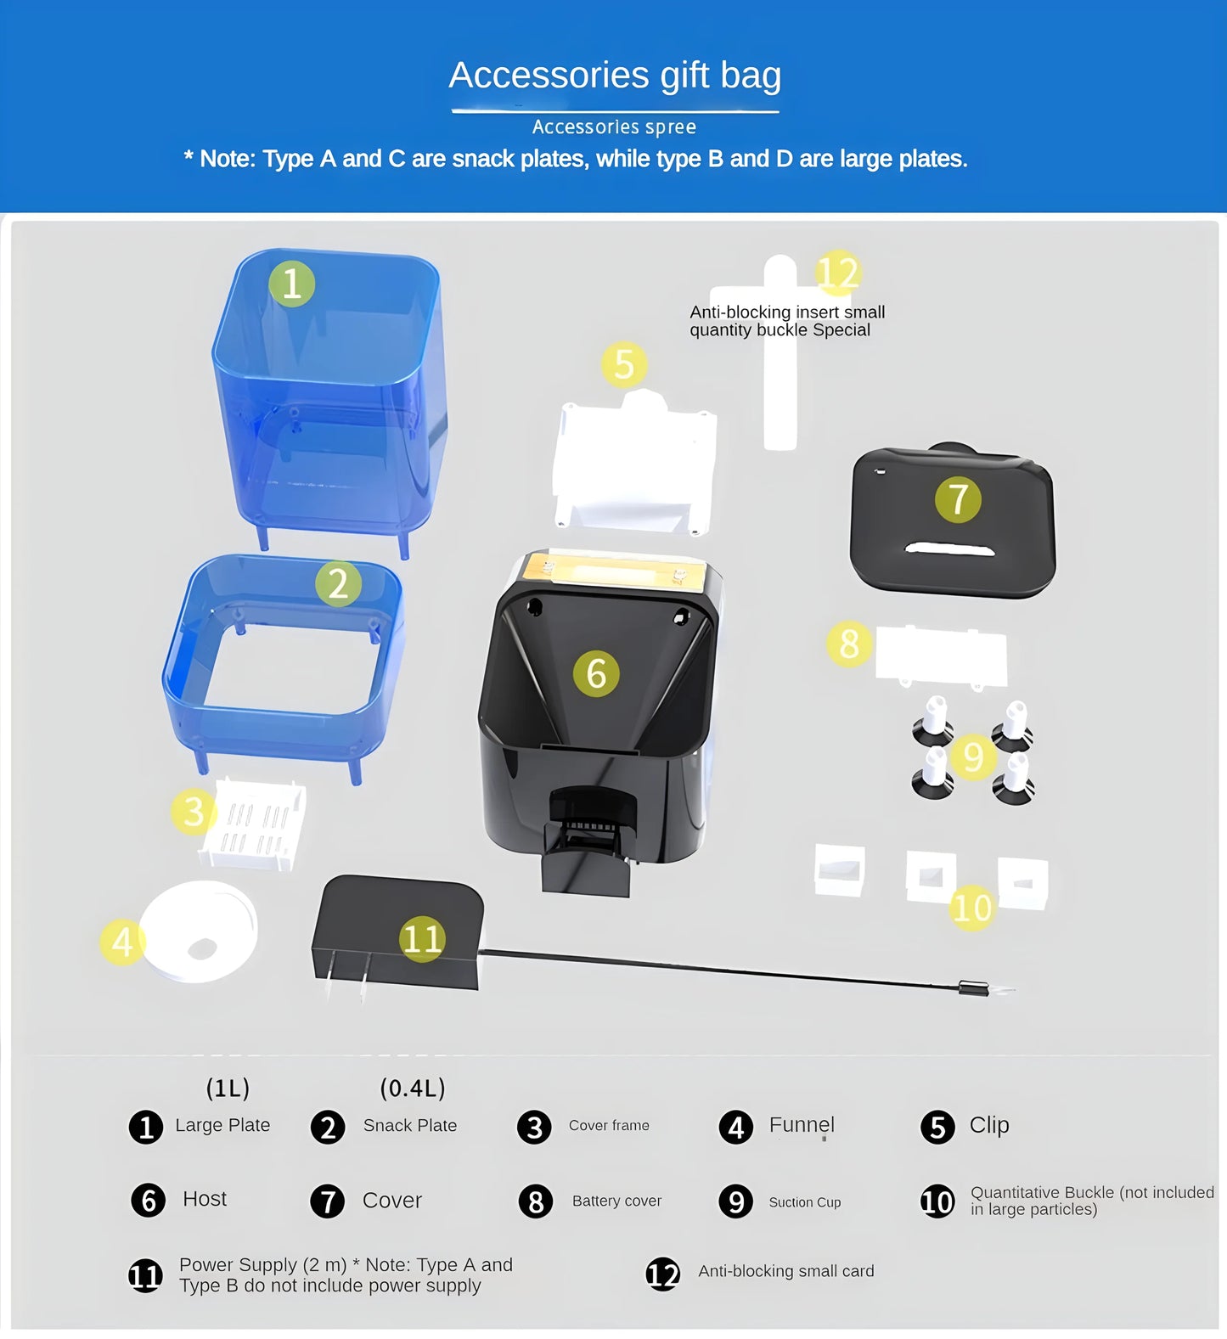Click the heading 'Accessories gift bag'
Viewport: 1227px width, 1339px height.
[x=615, y=76]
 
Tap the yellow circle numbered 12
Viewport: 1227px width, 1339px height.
[x=838, y=274]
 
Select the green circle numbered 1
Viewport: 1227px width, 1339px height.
[x=291, y=284]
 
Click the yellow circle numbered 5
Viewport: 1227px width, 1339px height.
[x=624, y=365]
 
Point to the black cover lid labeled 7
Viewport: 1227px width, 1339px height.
[x=953, y=520]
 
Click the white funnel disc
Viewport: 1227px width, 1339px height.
[x=198, y=931]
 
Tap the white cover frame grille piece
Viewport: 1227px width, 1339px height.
[x=253, y=824]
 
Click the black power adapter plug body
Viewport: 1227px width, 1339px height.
[x=397, y=932]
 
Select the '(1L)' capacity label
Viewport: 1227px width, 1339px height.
[x=228, y=1088]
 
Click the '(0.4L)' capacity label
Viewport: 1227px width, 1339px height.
[x=413, y=1088]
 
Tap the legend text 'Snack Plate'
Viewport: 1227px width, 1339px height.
[x=410, y=1125]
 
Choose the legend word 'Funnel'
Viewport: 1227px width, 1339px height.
[x=802, y=1124]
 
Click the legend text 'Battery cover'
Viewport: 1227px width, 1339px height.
[x=616, y=1201]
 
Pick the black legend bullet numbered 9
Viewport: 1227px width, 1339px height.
[x=736, y=1201]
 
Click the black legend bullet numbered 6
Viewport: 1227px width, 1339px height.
[x=149, y=1200]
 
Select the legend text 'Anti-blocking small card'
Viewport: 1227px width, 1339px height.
[x=786, y=1271]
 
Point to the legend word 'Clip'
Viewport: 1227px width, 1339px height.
[x=989, y=1125]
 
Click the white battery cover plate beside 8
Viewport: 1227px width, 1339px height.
[x=941, y=655]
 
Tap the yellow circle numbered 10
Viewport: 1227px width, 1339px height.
[x=972, y=908]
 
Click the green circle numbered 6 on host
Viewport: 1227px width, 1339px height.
[x=596, y=674]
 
